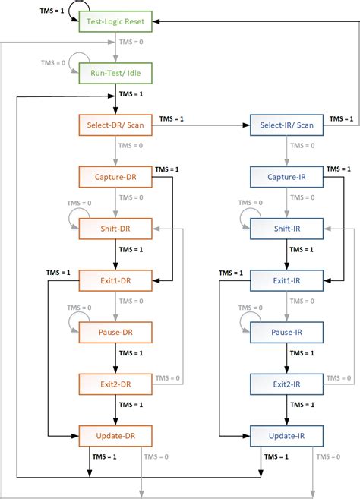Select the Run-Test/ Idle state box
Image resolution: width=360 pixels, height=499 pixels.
[x=115, y=74]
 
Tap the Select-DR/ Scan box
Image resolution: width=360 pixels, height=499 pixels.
[x=115, y=125]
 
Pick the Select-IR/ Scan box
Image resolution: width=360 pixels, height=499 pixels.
[x=286, y=125]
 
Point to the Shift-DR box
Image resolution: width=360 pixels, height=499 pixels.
[x=115, y=228]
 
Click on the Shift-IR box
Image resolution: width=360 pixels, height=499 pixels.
[x=286, y=228]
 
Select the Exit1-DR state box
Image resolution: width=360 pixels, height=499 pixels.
[x=115, y=280]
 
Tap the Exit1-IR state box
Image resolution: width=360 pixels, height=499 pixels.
[x=286, y=280]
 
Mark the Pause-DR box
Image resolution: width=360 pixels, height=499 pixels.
[x=115, y=332]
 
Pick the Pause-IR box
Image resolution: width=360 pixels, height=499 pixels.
[x=286, y=332]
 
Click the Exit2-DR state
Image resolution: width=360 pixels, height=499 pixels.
[x=115, y=384]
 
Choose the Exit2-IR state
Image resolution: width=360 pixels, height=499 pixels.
[x=286, y=384]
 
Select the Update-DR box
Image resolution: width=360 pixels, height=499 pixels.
[x=115, y=435]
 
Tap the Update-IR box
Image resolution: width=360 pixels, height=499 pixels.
[x=286, y=435]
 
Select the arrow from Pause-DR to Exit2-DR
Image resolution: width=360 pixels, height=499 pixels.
[x=115, y=358]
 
